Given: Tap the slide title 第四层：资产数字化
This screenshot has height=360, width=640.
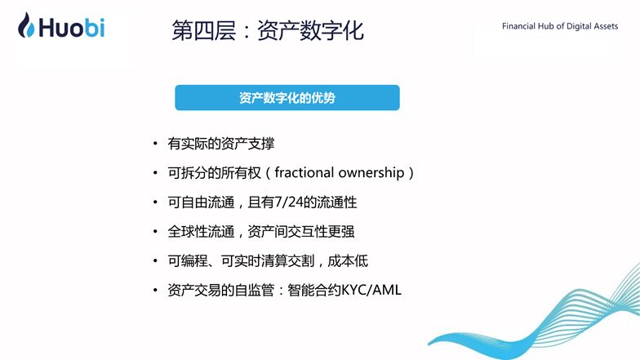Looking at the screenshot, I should [x=267, y=30].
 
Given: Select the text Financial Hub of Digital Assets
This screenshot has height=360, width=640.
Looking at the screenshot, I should [x=560, y=26].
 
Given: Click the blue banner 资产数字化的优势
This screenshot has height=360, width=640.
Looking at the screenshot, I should [x=287, y=98].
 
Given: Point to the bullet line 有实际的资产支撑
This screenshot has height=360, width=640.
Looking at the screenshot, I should [x=220, y=144].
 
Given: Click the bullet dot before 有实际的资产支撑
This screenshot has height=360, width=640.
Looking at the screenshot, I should [x=155, y=144].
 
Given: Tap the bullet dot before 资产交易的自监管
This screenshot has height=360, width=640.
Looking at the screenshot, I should [x=155, y=291].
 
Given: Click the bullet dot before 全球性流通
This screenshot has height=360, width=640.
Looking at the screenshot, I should [x=155, y=232].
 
